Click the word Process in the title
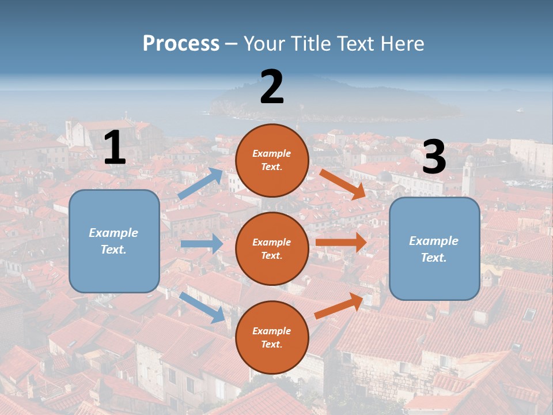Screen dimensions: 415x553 point(181,44)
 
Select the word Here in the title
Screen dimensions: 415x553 point(401,44)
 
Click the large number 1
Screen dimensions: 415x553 point(115,148)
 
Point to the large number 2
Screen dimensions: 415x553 point(272,87)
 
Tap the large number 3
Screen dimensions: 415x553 point(434,157)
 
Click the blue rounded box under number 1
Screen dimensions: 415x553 point(114,241)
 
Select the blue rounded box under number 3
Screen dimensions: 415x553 point(434,249)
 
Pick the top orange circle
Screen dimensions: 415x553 point(272,160)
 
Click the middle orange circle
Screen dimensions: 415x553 point(272,249)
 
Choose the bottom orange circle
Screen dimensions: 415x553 point(272,338)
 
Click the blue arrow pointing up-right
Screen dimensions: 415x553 point(200,184)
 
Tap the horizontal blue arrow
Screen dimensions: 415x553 point(202,244)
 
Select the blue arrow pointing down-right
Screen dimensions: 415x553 point(202,307)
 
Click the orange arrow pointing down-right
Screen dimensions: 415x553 point(343,184)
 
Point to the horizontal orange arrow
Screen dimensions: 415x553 point(340,242)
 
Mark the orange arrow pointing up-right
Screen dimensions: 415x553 point(339,305)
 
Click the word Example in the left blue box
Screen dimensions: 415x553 point(113,233)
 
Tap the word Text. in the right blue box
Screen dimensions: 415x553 point(434,258)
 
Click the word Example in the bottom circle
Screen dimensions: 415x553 point(272,331)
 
